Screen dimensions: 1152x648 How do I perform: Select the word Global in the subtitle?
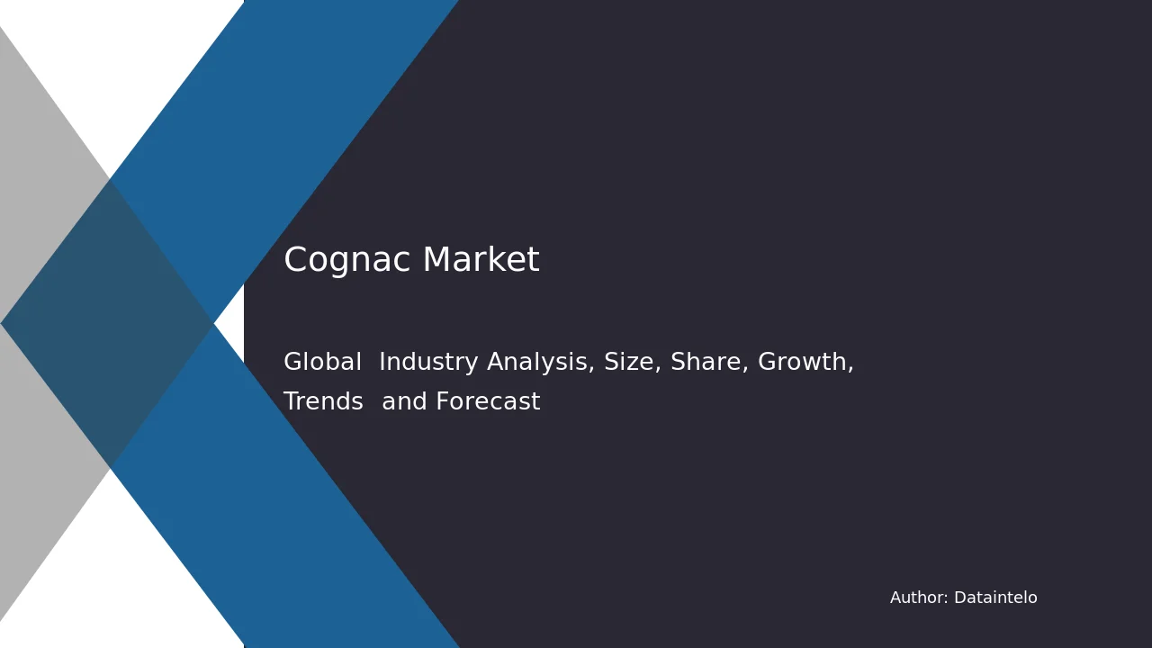pyautogui.click(x=322, y=361)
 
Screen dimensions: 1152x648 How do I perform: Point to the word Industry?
pyautogui.click(x=428, y=362)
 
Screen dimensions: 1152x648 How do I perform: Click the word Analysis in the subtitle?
pyautogui.click(x=541, y=362)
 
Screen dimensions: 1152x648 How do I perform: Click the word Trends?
pyautogui.click(x=323, y=401)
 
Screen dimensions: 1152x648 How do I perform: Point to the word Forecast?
pyautogui.click(x=488, y=401)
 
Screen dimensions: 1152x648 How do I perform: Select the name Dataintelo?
pyautogui.click(x=995, y=598)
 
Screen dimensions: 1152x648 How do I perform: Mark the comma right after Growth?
pyautogui.click(x=851, y=367)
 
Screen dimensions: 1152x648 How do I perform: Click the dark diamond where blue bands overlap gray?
pyautogui.click(x=107, y=323)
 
